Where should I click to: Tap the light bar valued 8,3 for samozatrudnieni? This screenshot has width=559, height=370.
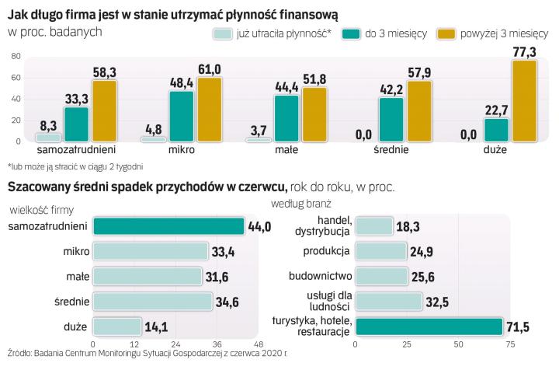point(49,138)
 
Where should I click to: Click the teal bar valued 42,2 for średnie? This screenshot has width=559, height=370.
point(391,119)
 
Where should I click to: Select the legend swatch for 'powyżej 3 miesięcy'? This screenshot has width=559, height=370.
point(446,34)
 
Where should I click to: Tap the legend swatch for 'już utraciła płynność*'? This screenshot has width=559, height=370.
point(223,34)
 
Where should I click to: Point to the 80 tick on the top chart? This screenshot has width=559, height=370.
point(13,56)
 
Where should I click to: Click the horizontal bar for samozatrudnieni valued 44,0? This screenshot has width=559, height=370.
point(168,226)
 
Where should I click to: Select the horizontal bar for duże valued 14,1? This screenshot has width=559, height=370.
point(117,326)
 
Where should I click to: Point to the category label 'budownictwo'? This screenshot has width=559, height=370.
point(320,276)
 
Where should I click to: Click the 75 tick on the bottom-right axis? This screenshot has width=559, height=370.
point(510,344)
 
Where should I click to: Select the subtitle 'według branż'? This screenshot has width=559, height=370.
point(300,204)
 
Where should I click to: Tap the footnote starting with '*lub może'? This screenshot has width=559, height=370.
point(75,166)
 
